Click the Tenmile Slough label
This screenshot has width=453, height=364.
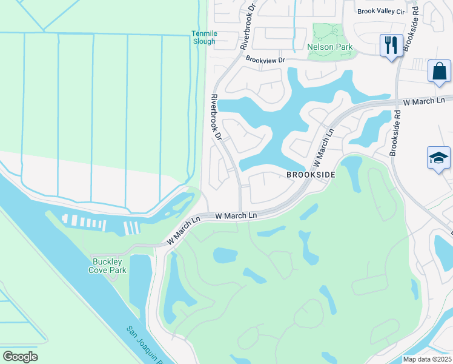[203, 38]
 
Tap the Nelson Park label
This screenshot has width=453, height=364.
[330, 47]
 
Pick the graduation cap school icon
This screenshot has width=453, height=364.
[438, 158]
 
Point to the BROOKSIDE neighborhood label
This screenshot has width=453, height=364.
[311, 175]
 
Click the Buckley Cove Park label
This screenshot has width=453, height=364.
[110, 266]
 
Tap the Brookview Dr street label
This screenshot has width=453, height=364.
[265, 59]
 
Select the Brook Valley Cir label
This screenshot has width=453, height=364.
[380, 11]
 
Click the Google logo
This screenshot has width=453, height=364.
[20, 357]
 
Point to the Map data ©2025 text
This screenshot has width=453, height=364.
[427, 359]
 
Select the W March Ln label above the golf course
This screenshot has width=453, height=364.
[236, 215]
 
